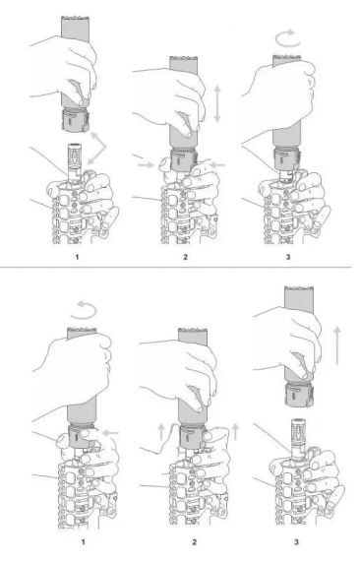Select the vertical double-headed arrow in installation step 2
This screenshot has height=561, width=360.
click(217, 103)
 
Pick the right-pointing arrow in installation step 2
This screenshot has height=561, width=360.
click(146, 164)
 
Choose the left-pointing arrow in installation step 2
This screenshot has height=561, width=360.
click(217, 164)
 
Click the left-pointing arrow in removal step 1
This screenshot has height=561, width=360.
click(110, 433)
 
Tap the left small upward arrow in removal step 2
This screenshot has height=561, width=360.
click(161, 432)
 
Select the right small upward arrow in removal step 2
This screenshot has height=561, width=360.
click(235, 432)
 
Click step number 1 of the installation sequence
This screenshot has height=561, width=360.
click(77, 257)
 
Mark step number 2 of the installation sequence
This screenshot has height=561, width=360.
click(185, 257)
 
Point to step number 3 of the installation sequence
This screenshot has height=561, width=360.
click(288, 257)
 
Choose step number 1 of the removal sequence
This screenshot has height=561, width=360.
click(84, 542)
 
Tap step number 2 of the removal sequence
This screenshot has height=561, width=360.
click(194, 542)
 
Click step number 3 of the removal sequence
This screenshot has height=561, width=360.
click(296, 542)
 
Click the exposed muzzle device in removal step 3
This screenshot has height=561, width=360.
click(298, 437)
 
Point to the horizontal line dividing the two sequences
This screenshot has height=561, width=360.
click(176, 267)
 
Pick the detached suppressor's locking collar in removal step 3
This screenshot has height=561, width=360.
click(299, 395)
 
